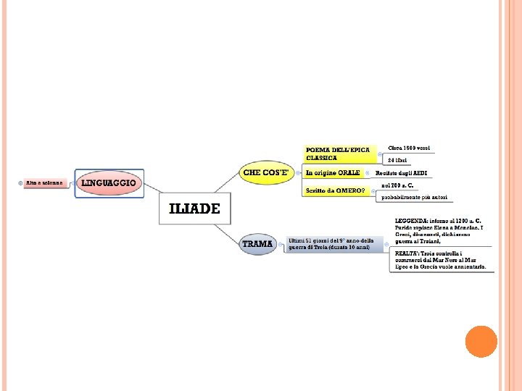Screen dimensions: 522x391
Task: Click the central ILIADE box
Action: tap(194, 209)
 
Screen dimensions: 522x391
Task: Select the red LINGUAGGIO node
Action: tap(109, 183)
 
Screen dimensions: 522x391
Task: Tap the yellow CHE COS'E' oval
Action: tap(266, 173)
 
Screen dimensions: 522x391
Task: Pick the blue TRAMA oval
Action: tap(258, 244)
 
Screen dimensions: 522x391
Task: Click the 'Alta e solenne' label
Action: tap(46, 183)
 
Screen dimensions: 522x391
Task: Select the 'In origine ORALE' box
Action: tap(333, 173)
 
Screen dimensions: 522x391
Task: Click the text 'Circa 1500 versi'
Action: tap(409, 148)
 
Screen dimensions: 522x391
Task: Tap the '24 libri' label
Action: tap(397, 159)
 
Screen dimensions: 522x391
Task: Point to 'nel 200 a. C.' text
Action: tap(397, 185)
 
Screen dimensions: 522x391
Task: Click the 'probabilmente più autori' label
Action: tap(415, 197)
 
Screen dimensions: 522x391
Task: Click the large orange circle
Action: tap(481, 341)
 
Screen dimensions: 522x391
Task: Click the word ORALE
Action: tap(349, 173)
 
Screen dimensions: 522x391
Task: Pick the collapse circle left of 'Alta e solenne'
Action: tap(20, 183)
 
